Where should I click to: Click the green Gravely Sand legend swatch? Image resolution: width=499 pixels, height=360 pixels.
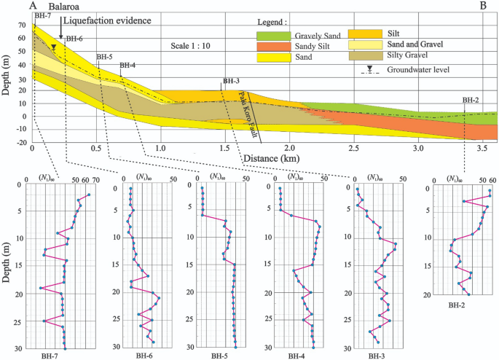pyautogui.click(x=275, y=35)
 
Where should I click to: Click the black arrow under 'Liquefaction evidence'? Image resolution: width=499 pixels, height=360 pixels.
pyautogui.click(x=61, y=34)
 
